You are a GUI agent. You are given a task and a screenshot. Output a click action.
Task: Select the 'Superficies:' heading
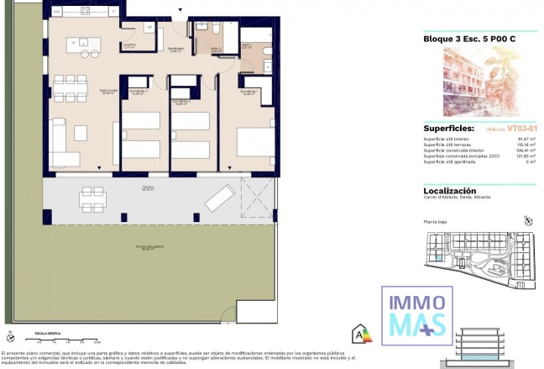[449, 129]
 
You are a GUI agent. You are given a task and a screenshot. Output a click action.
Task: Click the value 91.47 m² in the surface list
[526, 140]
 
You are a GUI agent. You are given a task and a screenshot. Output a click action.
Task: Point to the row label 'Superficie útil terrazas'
[444, 145]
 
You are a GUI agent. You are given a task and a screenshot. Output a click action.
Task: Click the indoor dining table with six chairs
[70, 87]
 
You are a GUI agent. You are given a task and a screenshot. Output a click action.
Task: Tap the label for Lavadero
[128, 46]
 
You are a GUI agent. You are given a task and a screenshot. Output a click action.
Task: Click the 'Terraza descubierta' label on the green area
[151, 247]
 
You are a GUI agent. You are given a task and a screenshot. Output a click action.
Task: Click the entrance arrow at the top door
[177, 10]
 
